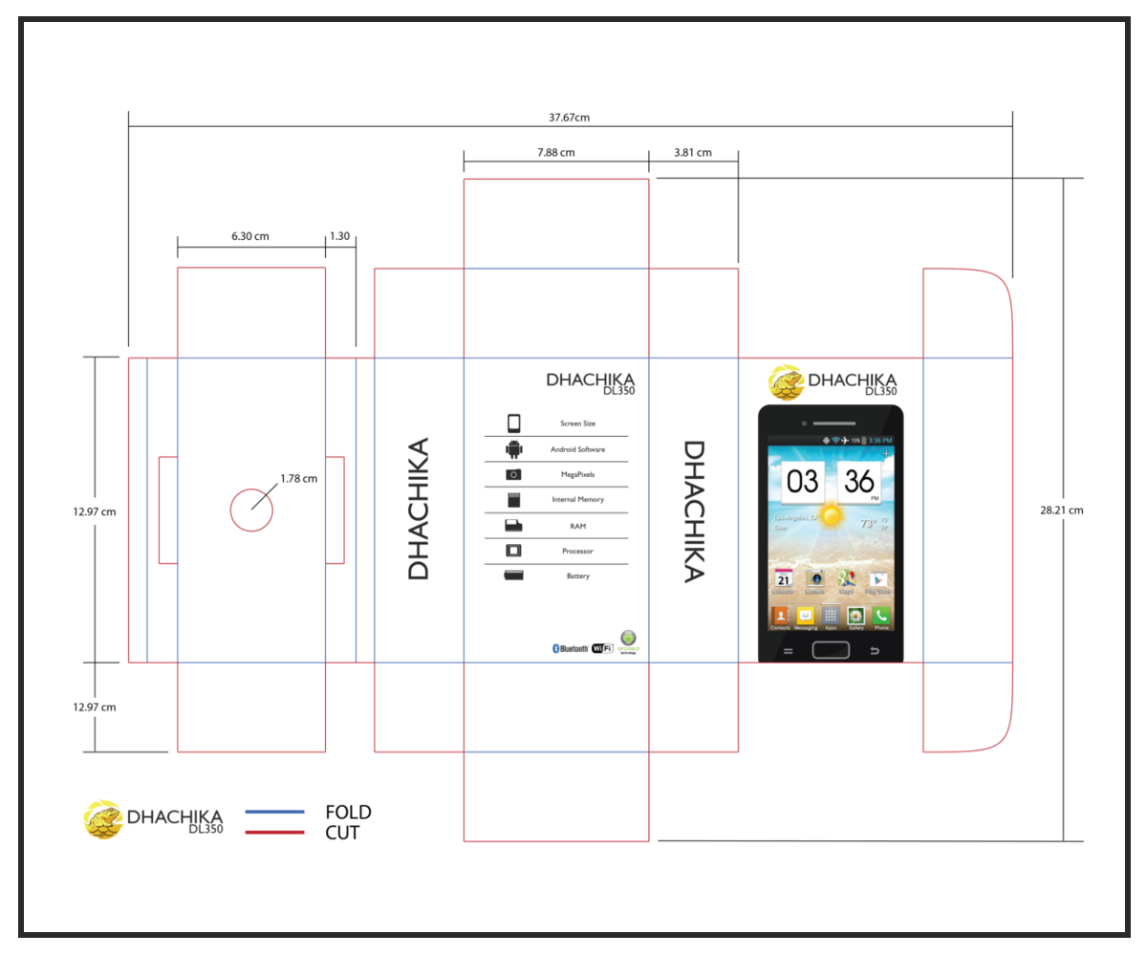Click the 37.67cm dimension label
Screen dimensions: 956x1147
pos(569,118)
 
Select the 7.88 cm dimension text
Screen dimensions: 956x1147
pos(555,152)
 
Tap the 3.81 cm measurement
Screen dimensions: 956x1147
pos(693,152)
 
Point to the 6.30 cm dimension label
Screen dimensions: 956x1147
pos(250,236)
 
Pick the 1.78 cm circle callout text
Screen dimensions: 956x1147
pos(298,478)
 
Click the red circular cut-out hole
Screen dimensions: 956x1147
pos(251,510)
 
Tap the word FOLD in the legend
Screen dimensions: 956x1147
pos(348,813)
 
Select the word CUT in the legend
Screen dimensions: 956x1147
pos(342,833)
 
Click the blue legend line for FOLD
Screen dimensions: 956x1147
pos(274,813)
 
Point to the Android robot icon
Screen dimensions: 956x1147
pos(513,448)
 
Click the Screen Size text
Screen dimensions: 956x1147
pos(577,424)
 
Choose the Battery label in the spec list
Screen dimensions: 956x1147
pos(577,576)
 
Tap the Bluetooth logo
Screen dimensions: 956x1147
pos(570,648)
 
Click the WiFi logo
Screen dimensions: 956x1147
pos(602,648)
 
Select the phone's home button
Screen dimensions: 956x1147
pos(830,651)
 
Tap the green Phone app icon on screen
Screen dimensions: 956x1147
pos(880,617)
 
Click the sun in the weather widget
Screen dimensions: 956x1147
pos(831,517)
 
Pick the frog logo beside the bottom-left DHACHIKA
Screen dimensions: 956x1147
pos(103,819)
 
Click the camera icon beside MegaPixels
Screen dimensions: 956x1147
pos(513,474)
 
